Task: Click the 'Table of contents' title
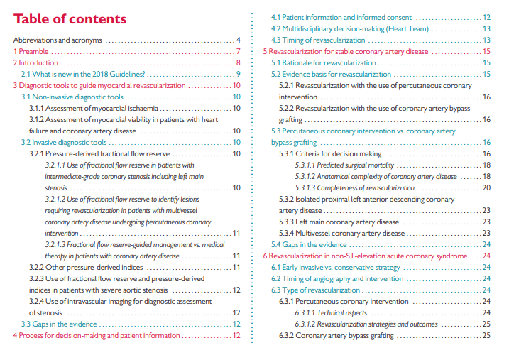(x=70, y=18)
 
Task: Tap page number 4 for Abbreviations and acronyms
(x=239, y=40)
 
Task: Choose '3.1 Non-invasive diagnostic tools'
(x=72, y=97)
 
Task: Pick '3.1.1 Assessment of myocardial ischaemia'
(x=93, y=108)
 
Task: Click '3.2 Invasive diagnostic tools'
(x=64, y=142)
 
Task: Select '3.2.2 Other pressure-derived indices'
(x=86, y=267)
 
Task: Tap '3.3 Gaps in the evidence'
(x=59, y=324)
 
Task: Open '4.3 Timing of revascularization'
(x=318, y=40)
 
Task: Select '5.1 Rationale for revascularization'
(x=324, y=62)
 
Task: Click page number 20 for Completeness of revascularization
(x=486, y=187)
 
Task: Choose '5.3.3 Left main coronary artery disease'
(x=339, y=222)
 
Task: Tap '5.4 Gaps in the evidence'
(x=310, y=244)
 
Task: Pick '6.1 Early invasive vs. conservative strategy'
(x=336, y=267)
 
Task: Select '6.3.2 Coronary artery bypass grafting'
(x=336, y=335)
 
